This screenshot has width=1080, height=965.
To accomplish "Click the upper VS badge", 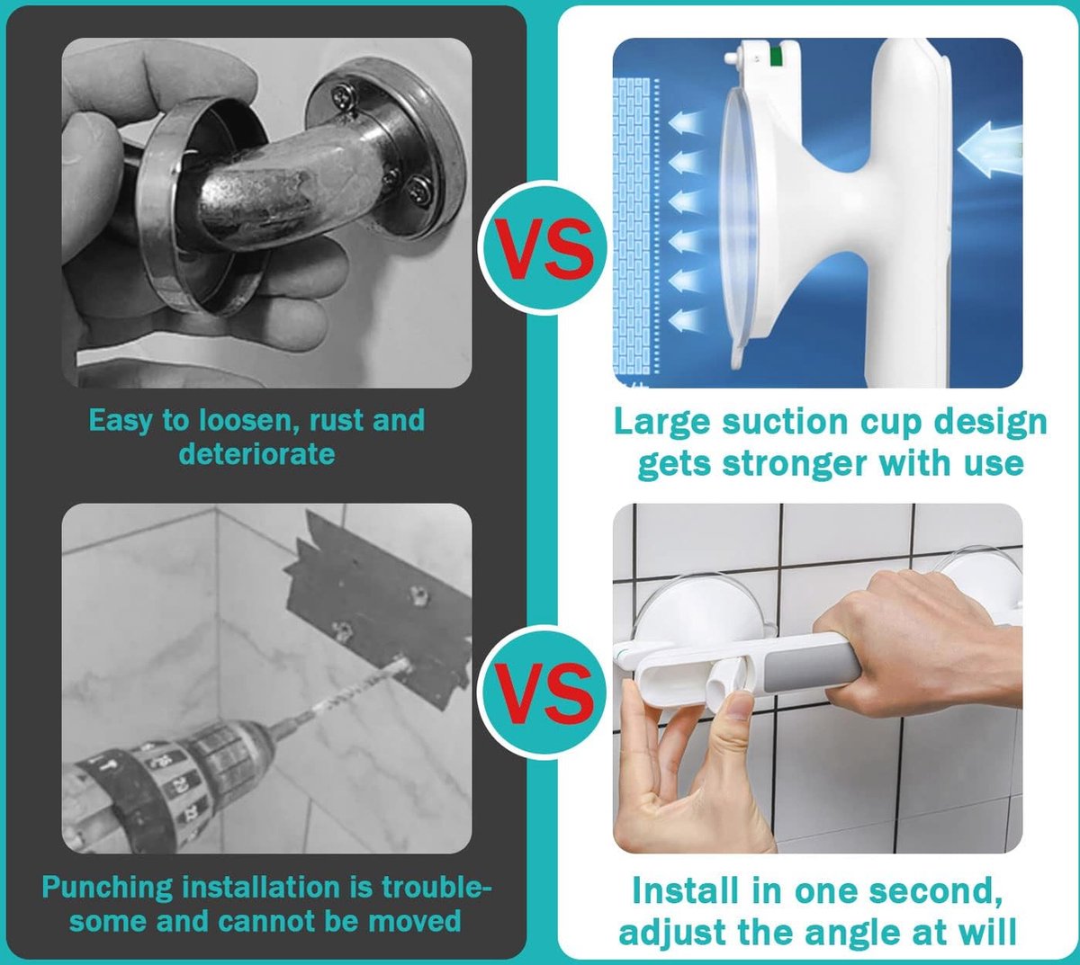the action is [x=542, y=248].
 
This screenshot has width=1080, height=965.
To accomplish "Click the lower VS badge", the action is [x=542, y=691].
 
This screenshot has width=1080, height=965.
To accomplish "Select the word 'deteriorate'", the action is [x=256, y=454].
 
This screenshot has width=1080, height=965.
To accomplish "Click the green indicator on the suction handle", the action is [x=776, y=54].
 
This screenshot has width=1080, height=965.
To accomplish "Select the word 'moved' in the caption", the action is [x=415, y=933].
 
